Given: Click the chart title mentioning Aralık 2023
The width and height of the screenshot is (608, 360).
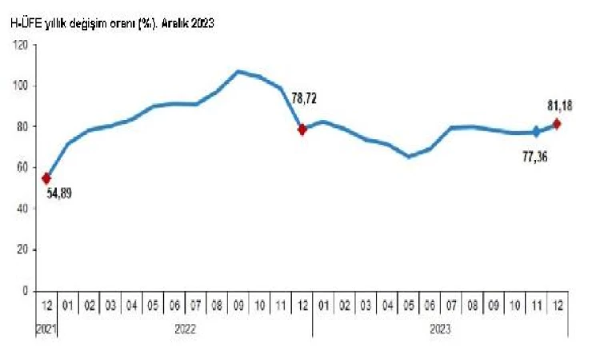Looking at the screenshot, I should coord(111,24).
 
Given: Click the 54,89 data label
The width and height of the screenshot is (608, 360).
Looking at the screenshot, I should coord(58,193).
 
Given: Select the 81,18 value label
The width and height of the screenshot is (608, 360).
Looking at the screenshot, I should coord(558,106).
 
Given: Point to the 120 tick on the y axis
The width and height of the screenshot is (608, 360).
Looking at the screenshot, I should coord(22,45).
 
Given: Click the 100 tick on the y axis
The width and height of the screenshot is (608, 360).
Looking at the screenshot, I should coord(22,86).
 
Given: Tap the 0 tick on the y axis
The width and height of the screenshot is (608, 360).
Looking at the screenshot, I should coord(26,290).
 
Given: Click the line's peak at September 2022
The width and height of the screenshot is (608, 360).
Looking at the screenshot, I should coord(238,71).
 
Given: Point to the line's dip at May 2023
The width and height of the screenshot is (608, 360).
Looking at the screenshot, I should coord(409,156).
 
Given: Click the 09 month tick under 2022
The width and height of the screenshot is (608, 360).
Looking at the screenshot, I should coord(238,306).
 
